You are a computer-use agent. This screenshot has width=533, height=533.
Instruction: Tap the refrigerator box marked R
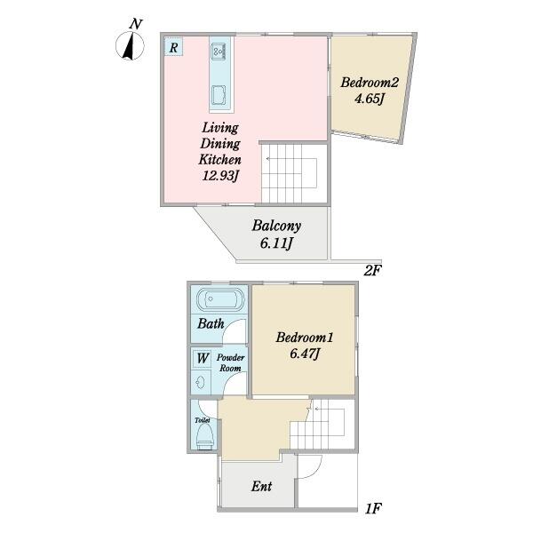coord(174,46)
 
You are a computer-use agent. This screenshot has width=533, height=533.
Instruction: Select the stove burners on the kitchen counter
coord(219,52)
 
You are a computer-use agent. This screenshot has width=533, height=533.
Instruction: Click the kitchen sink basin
coord(219,95)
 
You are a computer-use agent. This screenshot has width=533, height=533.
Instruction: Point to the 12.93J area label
coord(221,176)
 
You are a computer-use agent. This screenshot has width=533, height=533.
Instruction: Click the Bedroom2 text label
coord(370,83)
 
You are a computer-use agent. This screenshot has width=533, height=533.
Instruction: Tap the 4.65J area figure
coord(370,99)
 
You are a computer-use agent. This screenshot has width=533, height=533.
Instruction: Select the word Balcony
coord(276,226)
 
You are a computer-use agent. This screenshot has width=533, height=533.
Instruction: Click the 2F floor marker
coord(372,271)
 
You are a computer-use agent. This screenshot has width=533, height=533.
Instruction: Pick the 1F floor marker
coord(373,509)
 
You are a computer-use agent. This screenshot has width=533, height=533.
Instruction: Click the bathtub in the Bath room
coord(220,299)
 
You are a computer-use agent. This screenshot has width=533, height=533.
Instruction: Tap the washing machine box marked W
coord(203,358)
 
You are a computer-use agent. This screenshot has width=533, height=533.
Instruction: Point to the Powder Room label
coord(230,362)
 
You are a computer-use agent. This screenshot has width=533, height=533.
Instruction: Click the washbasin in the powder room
coord(200,383)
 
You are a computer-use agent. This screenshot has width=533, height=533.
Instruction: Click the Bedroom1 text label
coord(305,338)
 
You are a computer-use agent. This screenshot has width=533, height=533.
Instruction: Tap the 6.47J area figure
coord(305,354)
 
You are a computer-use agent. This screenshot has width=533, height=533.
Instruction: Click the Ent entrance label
coord(261,487)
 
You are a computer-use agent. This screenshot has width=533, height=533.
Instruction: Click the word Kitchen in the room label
coord(220,159)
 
